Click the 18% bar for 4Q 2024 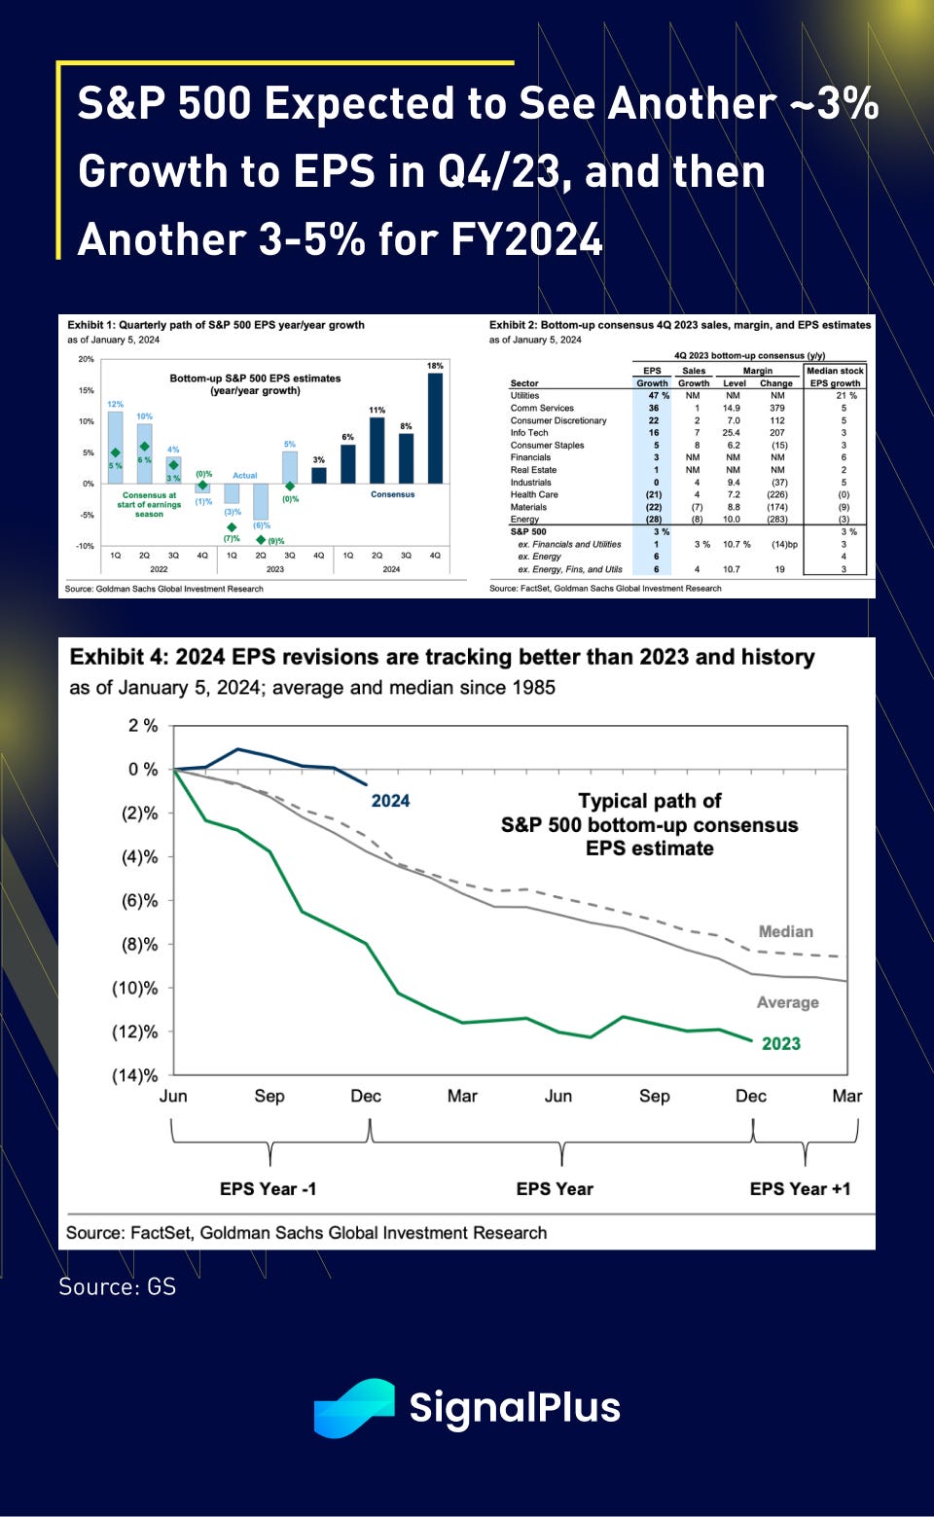435,428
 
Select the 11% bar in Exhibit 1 377,450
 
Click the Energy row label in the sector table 524,520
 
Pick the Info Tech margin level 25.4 731,433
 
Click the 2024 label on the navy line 390,801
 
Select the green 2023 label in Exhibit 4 780,1044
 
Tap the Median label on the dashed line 785,931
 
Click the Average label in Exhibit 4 787,1002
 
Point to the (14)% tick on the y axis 134,1075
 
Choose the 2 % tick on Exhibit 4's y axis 142,726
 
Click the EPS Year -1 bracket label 268,1189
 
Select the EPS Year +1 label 800,1189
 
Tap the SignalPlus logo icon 354,1407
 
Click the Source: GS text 117,1286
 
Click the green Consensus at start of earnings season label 149,504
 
